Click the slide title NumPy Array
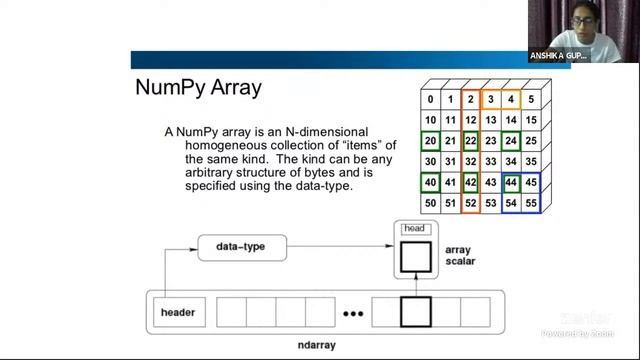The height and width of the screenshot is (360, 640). pyautogui.click(x=198, y=87)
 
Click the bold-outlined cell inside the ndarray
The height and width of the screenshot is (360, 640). pyautogui.click(x=415, y=312)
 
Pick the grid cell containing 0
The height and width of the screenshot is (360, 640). pyautogui.click(x=429, y=99)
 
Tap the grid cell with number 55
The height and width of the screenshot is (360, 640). pyautogui.click(x=531, y=203)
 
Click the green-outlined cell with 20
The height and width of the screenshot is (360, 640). pyautogui.click(x=429, y=141)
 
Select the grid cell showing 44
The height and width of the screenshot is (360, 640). pyautogui.click(x=511, y=183)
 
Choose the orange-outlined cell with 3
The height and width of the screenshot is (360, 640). pyautogui.click(x=490, y=99)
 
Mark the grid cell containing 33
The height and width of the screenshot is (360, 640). pyautogui.click(x=490, y=162)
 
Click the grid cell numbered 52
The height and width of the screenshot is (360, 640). pyautogui.click(x=470, y=203)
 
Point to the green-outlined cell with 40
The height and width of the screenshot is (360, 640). pyautogui.click(x=429, y=183)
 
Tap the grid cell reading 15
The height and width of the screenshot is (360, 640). pyautogui.click(x=531, y=120)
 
